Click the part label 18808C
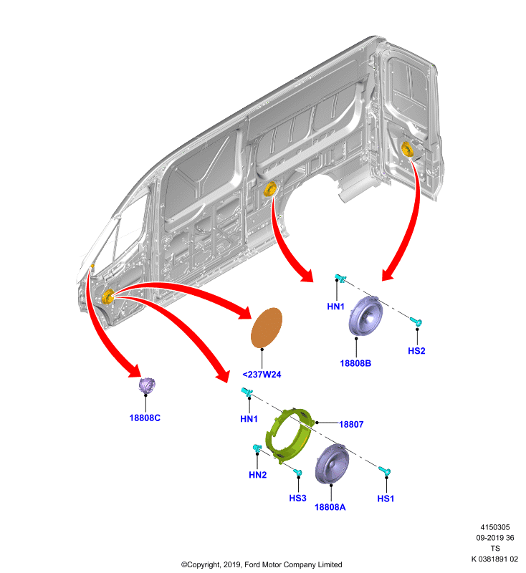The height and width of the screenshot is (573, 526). click(x=145, y=418)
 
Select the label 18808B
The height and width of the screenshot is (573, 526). click(x=355, y=363)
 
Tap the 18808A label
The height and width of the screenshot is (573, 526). click(x=330, y=507)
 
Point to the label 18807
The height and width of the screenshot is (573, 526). click(x=351, y=424)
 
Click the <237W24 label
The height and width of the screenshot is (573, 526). click(x=262, y=375)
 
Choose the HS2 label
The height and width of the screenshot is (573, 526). click(x=416, y=351)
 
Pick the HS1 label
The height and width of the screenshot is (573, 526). click(x=386, y=499)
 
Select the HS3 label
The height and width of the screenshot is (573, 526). click(x=297, y=498)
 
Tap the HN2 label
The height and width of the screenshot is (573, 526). click(x=258, y=475)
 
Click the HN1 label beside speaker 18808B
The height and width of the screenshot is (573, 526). click(x=335, y=307)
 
